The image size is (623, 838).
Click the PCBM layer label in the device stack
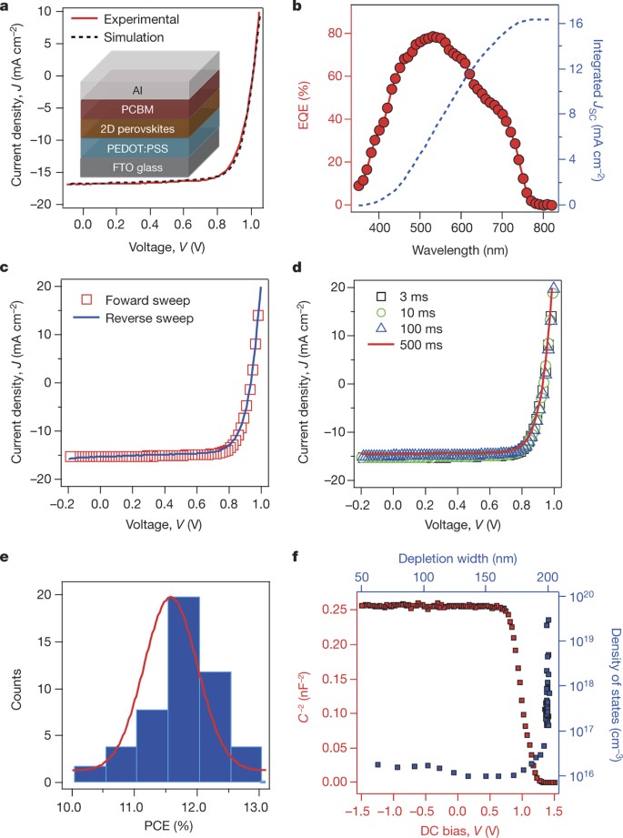137,109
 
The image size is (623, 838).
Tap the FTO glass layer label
137,167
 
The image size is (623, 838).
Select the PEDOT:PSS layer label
137,148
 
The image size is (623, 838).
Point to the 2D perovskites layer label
137,129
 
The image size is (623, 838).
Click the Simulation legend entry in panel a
117,37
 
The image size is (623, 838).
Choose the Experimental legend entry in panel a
125,19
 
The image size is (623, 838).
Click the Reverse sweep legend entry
133,318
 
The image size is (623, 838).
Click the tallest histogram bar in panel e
184,689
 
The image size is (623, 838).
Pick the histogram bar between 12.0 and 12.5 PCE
216,726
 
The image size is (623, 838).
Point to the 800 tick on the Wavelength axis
543,227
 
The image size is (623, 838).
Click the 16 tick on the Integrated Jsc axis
576,24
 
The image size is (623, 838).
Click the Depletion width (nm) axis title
457,559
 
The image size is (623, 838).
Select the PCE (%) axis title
168,825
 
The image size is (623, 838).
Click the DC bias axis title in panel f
460,830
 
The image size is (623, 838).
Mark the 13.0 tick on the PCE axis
256,806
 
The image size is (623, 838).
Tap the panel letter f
296,557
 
